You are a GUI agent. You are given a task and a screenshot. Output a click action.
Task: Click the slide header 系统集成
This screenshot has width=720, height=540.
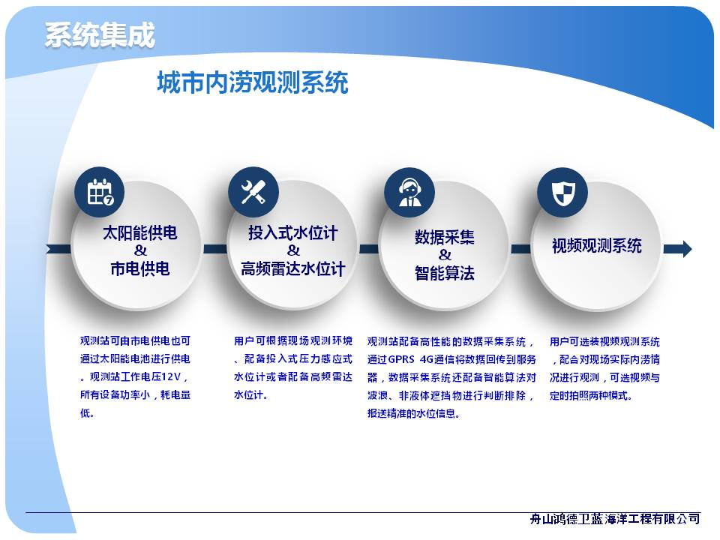(x=100, y=35)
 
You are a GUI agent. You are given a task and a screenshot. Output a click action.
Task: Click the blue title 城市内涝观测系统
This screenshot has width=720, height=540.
(x=253, y=82)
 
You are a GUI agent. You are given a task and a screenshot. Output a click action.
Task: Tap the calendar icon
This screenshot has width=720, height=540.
(x=100, y=192)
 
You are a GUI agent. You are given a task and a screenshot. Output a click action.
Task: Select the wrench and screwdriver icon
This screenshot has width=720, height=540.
(x=253, y=192)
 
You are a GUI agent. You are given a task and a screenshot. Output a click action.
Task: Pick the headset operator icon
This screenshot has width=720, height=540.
(x=409, y=193)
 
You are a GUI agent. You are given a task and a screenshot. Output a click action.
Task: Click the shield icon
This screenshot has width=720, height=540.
(x=563, y=193)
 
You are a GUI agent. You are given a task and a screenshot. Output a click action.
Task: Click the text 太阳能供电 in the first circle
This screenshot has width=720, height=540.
(x=140, y=232)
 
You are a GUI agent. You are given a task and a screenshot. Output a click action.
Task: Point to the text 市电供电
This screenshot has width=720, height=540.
(x=140, y=268)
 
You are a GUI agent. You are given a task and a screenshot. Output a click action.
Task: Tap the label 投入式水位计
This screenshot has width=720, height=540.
(x=293, y=232)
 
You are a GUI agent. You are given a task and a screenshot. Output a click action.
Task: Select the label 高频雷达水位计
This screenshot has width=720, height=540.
(x=293, y=268)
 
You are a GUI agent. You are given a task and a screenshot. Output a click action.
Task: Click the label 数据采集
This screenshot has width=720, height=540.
(x=445, y=237)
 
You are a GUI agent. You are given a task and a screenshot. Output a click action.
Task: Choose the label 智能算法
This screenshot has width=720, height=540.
(x=445, y=273)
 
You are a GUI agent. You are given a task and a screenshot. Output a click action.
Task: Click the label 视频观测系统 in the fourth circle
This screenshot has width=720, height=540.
(x=596, y=246)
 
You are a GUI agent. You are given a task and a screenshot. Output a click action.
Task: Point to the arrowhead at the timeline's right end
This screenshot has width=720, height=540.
(x=686, y=249)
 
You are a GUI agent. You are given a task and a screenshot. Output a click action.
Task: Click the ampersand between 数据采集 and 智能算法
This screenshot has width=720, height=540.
(x=445, y=255)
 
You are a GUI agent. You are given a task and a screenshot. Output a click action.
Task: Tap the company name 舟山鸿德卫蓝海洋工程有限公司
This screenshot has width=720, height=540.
(x=615, y=519)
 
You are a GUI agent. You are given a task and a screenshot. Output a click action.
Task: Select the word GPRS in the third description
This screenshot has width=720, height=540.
(x=401, y=359)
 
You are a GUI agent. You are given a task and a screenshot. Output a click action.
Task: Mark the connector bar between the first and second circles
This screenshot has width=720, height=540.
(x=215, y=249)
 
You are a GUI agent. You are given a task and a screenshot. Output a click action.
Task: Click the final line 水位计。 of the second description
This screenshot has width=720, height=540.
(x=250, y=395)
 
